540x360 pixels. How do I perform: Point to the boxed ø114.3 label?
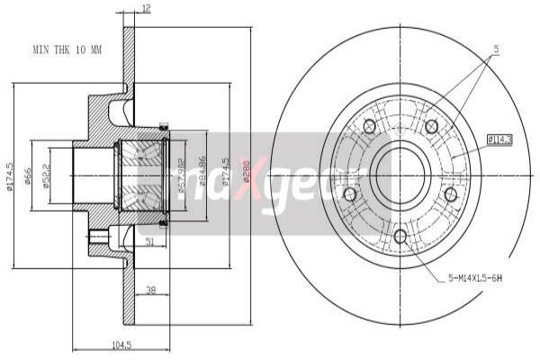coord(499,139)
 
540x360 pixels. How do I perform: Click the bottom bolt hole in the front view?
coord(400,236)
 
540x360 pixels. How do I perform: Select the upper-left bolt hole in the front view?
coord(369,127)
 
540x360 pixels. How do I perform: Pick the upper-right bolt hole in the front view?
coord(432,127)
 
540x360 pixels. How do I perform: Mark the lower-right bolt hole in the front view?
coord(451,194)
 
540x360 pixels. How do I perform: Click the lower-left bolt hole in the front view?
coord(350,194)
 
